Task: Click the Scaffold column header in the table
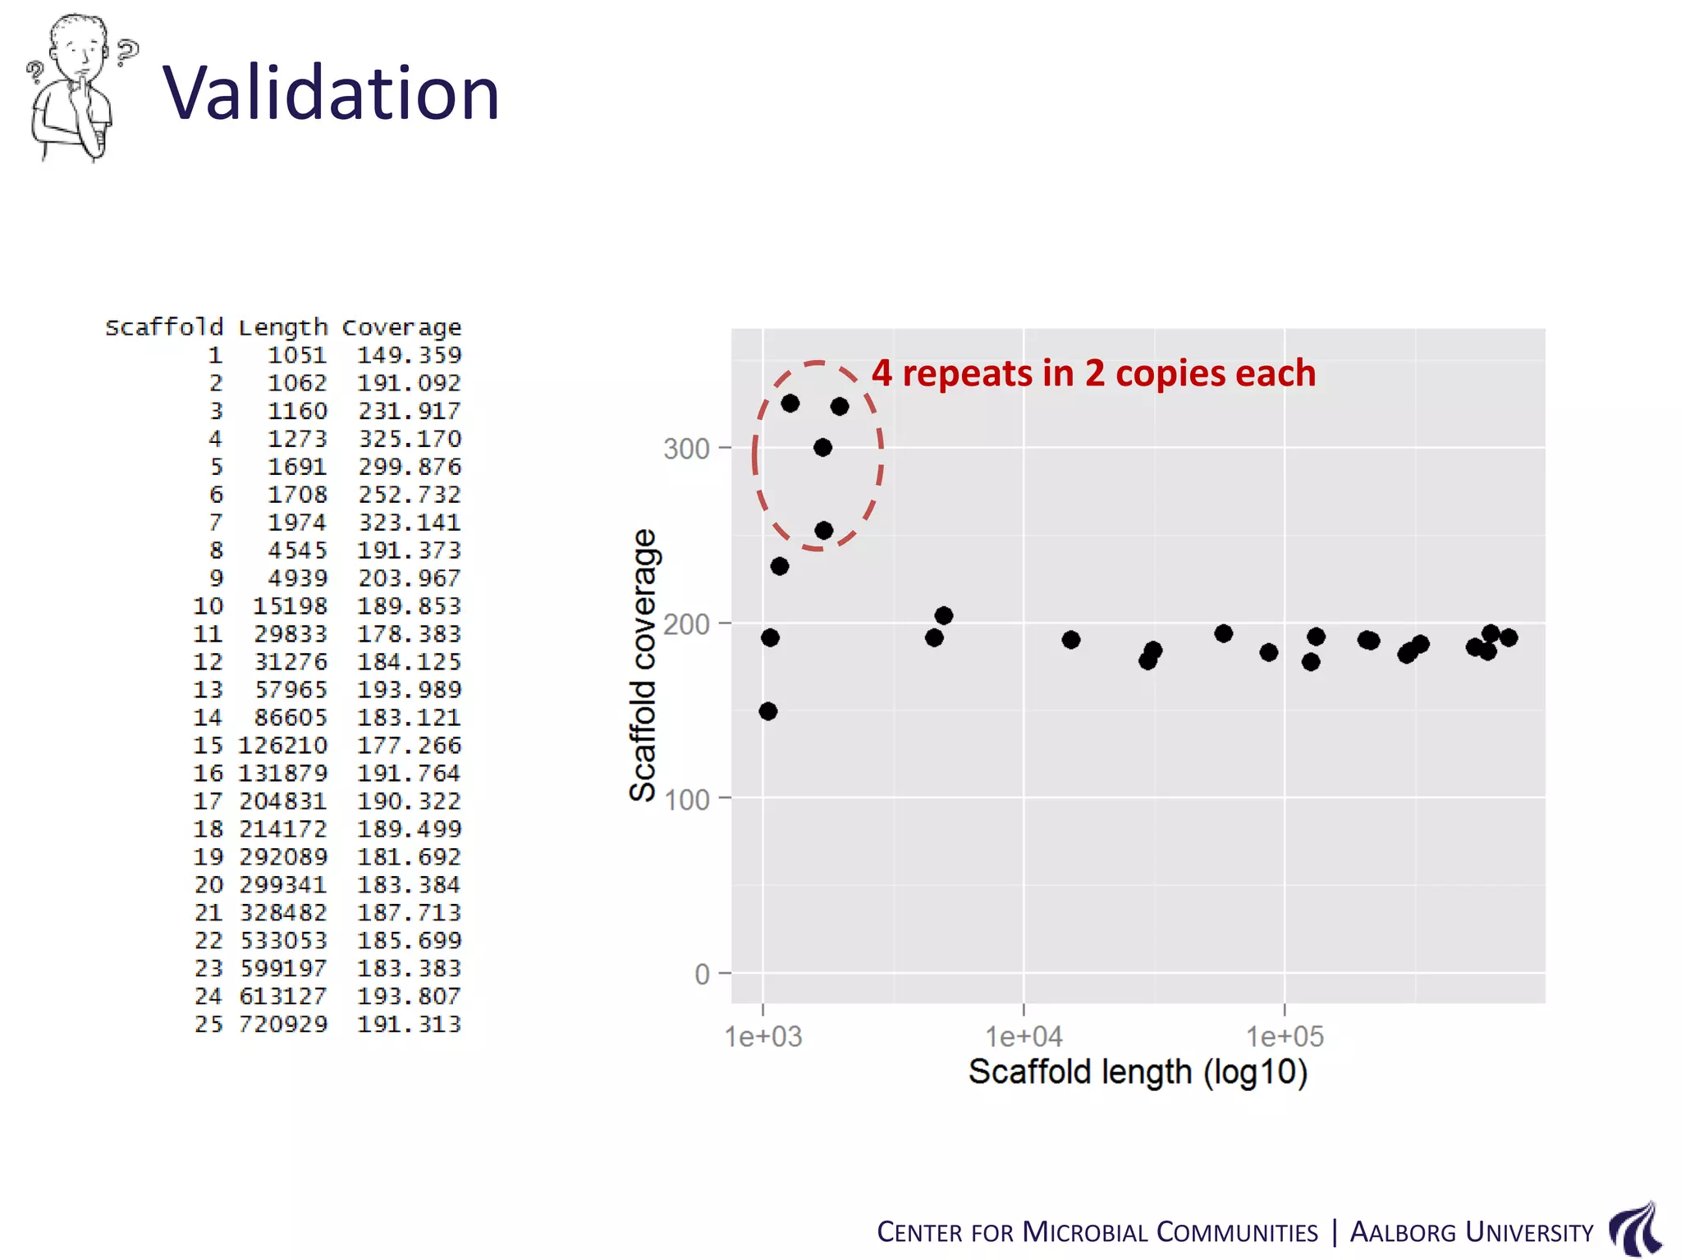click(164, 327)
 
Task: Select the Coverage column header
click(401, 327)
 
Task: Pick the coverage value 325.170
click(409, 439)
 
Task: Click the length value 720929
click(283, 1024)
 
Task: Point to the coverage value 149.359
click(409, 355)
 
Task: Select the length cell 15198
click(290, 606)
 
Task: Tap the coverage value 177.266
click(409, 746)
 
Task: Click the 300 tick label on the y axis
click(686, 449)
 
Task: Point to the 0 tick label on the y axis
click(702, 975)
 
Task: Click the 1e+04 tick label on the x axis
click(1024, 1037)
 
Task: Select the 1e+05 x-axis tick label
click(1285, 1037)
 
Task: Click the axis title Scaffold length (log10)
click(1138, 1072)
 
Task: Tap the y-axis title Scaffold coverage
click(643, 664)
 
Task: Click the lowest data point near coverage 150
click(768, 711)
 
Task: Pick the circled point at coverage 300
click(822, 447)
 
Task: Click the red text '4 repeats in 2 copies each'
click(1093, 373)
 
